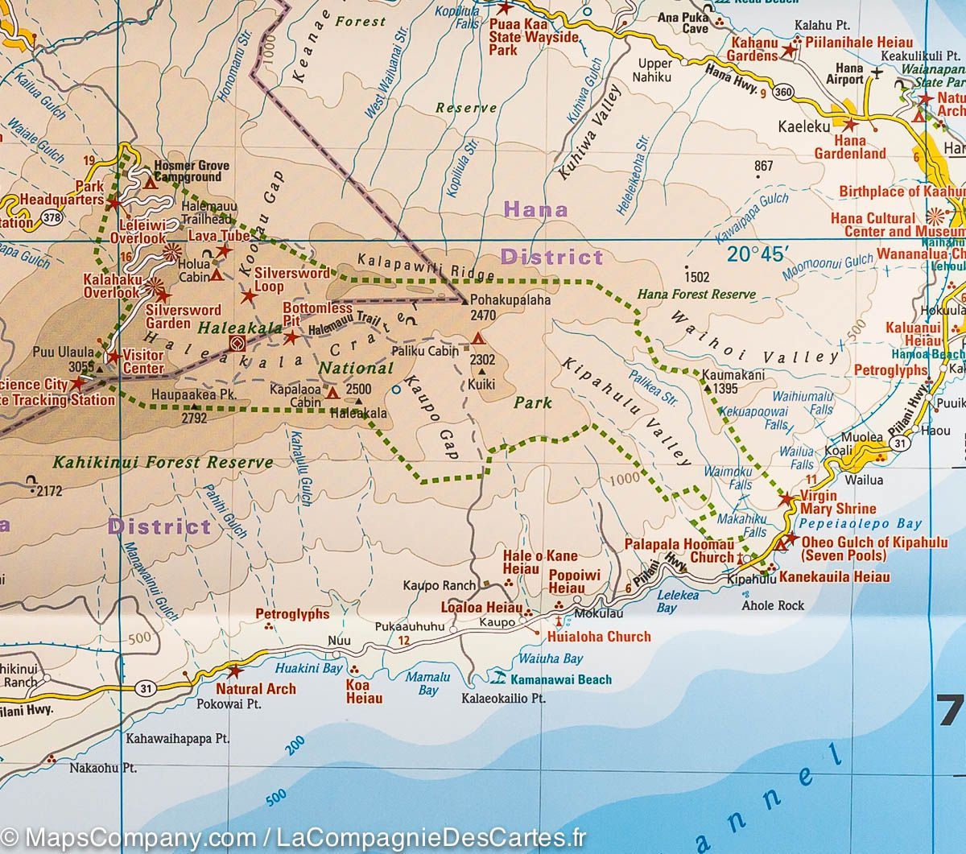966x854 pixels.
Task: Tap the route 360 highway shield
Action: [781, 93]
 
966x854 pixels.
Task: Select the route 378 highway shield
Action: [52, 217]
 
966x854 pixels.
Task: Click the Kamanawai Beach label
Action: [560, 680]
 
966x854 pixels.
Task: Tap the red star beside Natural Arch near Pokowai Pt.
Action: [235, 670]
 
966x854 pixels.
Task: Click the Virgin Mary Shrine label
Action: [838, 502]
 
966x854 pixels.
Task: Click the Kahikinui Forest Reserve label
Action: [163, 463]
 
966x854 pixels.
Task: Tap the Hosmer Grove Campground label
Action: [191, 171]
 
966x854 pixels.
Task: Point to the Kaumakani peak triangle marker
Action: [708, 388]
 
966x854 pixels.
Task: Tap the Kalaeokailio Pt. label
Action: [504, 699]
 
